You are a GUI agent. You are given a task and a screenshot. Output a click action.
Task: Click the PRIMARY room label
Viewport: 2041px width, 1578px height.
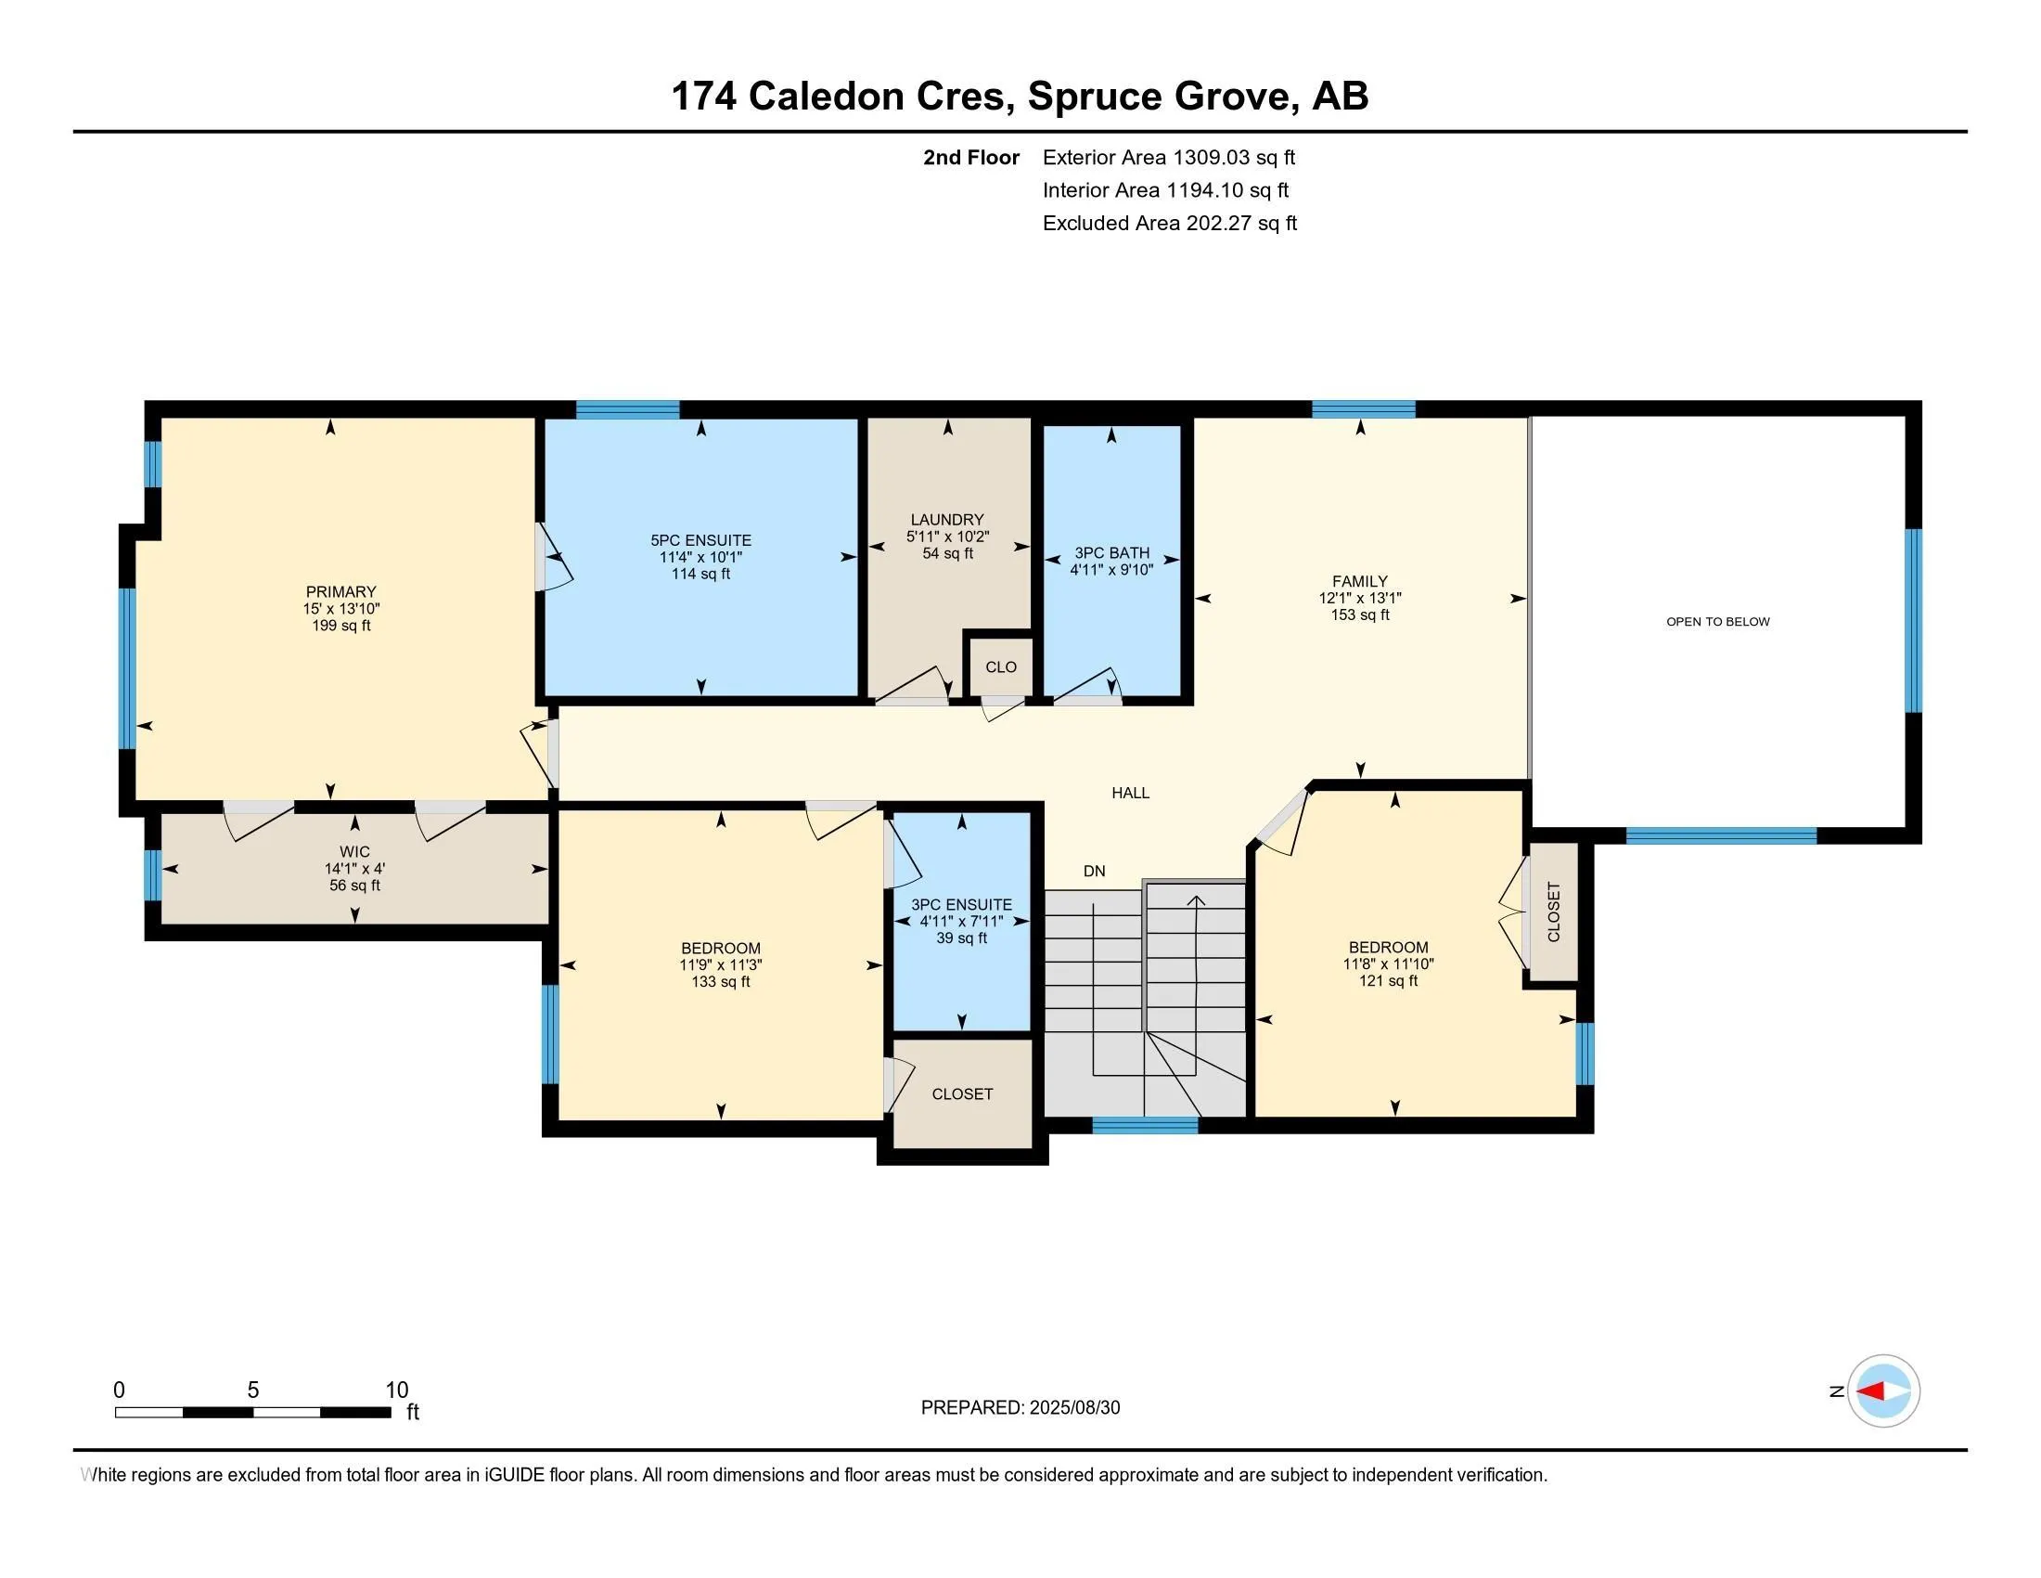[x=340, y=592]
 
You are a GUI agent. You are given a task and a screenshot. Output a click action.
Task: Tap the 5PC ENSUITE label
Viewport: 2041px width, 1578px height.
[x=700, y=540]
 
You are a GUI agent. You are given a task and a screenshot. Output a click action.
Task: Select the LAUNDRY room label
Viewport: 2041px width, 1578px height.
[x=946, y=520]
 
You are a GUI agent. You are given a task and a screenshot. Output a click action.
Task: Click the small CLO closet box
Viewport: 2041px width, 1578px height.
[x=1000, y=667]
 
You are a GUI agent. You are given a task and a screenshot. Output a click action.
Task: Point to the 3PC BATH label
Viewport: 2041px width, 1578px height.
[x=1111, y=552]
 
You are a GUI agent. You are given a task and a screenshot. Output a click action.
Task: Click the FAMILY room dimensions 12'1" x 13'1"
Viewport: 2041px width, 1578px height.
[x=1360, y=599]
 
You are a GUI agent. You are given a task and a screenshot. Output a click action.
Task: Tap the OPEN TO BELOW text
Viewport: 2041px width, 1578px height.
[x=1717, y=622]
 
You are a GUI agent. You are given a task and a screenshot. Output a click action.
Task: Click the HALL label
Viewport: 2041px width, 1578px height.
[x=1130, y=793]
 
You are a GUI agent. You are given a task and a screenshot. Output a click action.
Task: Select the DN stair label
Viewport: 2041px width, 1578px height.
[x=1094, y=872]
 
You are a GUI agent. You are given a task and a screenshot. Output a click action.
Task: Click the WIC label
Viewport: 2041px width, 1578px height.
[x=354, y=851]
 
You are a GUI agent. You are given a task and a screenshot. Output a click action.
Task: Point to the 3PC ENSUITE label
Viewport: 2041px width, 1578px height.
[x=962, y=905]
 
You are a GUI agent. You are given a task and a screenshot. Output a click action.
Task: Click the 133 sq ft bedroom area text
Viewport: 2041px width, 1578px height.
[x=720, y=981]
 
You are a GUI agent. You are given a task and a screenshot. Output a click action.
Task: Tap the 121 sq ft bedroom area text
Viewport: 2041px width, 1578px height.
[x=1388, y=980]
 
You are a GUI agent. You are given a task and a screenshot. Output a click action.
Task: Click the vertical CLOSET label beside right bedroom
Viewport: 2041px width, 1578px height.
[x=1553, y=912]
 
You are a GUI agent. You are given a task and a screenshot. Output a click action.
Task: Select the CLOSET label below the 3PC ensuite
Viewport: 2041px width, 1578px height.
[x=962, y=1093]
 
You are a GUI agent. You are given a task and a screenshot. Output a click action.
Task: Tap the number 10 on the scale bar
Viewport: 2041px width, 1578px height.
[x=396, y=1390]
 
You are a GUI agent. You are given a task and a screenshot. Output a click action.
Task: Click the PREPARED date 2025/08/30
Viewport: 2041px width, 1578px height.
[x=1072, y=1408]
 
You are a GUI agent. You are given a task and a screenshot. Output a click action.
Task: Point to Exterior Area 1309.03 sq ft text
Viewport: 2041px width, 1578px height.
[x=1168, y=157]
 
